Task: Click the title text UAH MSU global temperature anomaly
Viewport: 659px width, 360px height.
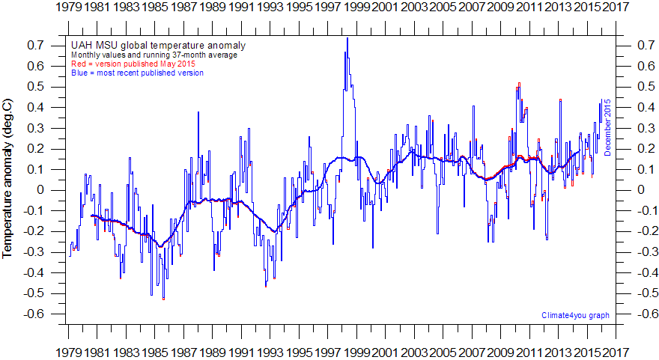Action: pyautogui.click(x=157, y=46)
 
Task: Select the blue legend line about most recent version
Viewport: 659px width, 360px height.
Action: pyautogui.click(x=137, y=73)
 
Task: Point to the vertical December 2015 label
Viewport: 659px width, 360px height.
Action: pyautogui.click(x=608, y=127)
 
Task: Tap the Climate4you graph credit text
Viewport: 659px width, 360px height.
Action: pyautogui.click(x=574, y=315)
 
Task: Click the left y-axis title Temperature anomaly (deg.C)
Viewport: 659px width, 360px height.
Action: pyautogui.click(x=8, y=180)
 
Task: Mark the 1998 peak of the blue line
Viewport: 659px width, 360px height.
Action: pyautogui.click(x=347, y=39)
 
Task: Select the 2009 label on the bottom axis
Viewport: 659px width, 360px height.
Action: pyautogui.click(x=499, y=352)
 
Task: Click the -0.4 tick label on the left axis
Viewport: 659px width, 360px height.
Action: pyautogui.click(x=34, y=272)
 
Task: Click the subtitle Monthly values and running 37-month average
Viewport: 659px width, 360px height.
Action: pyautogui.click(x=154, y=55)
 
